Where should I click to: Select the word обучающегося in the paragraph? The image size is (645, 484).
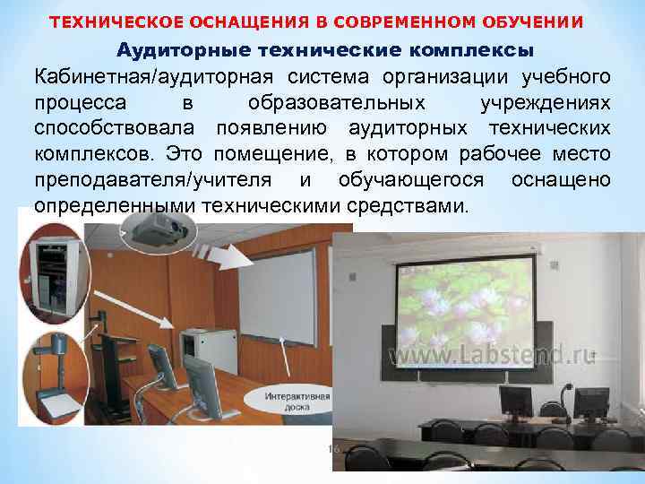[x=412, y=179]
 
